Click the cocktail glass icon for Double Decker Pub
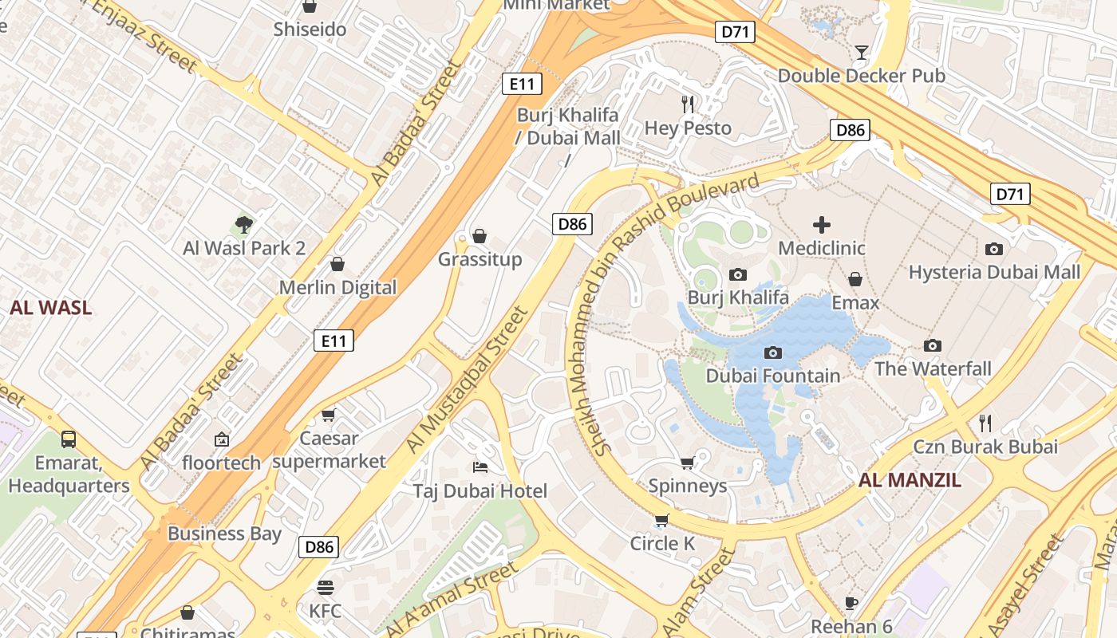tap(861, 53)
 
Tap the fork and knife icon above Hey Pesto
tap(688, 104)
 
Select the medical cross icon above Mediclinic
tap(821, 225)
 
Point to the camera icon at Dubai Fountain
tap(772, 352)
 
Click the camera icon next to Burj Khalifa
tap(738, 275)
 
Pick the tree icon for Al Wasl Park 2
tap(244, 225)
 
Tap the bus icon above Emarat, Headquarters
tap(69, 439)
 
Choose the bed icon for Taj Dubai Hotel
tap(480, 467)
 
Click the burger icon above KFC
tap(325, 589)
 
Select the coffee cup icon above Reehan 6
tap(851, 603)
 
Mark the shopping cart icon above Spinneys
tap(687, 463)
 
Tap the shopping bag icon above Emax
tap(855, 279)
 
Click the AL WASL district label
tap(51, 308)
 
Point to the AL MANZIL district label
tap(910, 480)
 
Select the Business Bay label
tap(224, 534)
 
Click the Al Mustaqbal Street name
tap(468, 380)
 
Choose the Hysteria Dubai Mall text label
tap(994, 272)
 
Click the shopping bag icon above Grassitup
tap(480, 236)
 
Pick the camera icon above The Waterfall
tap(932, 345)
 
